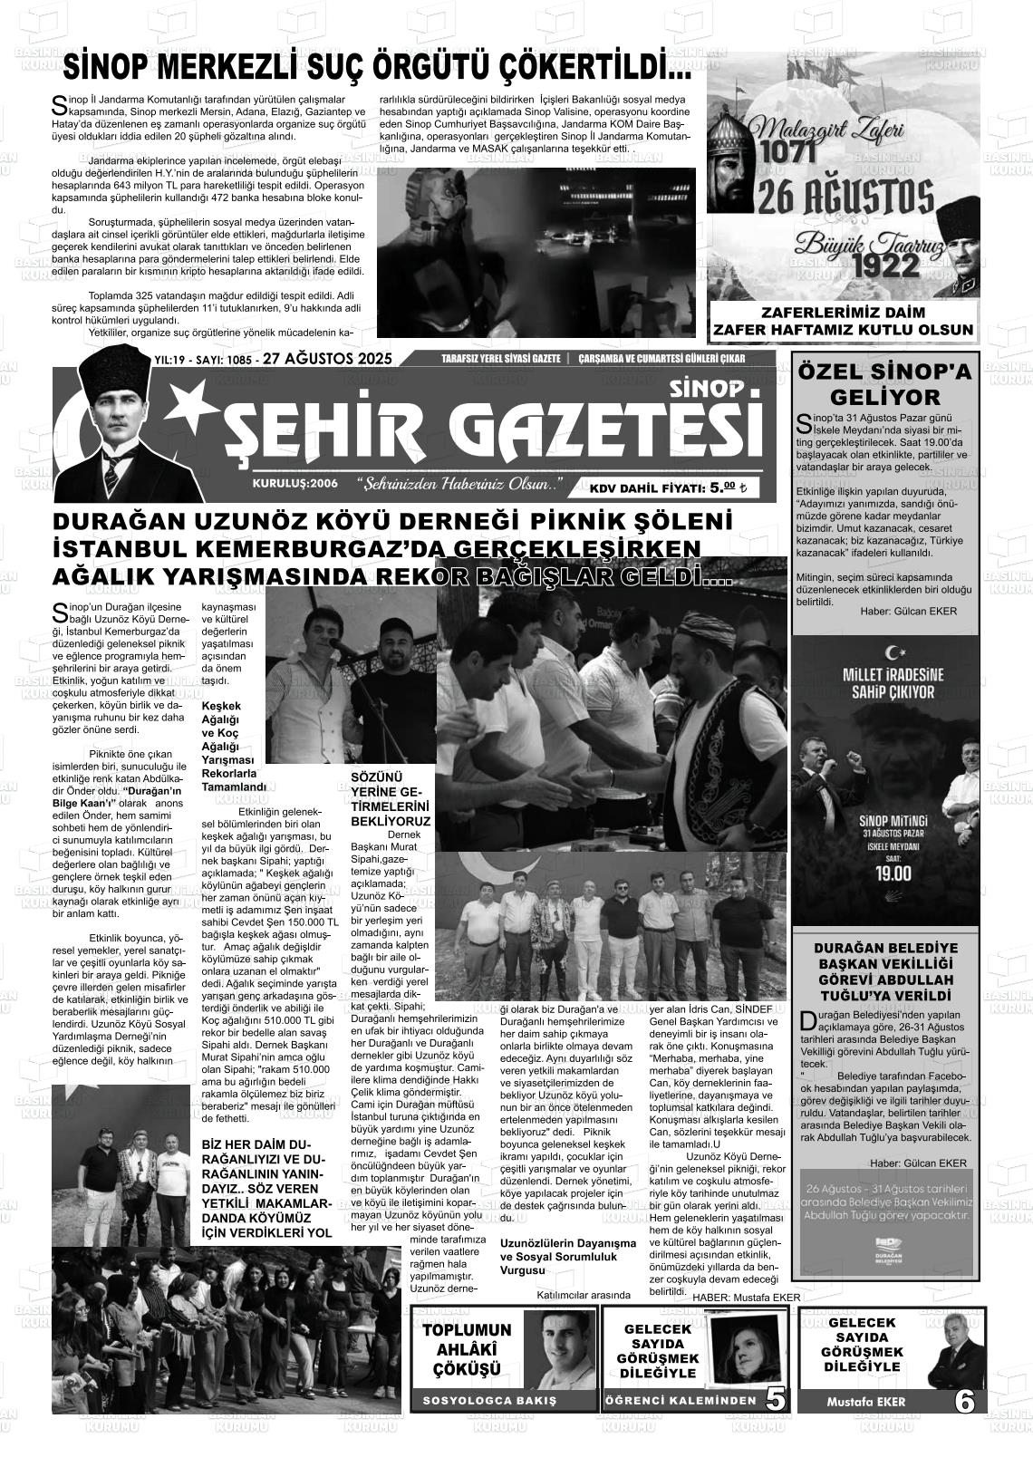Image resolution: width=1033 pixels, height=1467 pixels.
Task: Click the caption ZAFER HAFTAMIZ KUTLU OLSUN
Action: tap(843, 330)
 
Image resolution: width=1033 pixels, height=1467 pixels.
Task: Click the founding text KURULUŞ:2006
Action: tap(295, 484)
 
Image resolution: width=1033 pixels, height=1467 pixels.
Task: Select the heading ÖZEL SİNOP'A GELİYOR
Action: tap(884, 385)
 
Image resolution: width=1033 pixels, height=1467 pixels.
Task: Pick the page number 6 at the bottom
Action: tap(965, 1401)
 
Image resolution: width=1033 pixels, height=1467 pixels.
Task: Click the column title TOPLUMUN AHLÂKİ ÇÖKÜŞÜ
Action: tap(468, 1349)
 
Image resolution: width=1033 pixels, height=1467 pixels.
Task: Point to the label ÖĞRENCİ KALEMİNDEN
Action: tap(681, 1401)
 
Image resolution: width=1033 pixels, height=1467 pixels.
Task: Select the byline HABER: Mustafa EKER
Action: tap(746, 1298)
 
